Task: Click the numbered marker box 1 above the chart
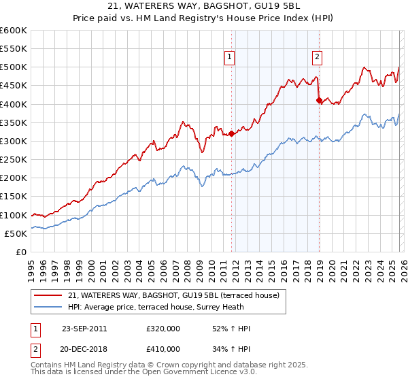click(231, 58)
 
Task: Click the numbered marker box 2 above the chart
click(318, 58)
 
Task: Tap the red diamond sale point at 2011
click(231, 133)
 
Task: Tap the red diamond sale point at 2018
click(319, 100)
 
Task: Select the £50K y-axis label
click(16, 233)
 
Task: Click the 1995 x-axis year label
click(31, 265)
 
